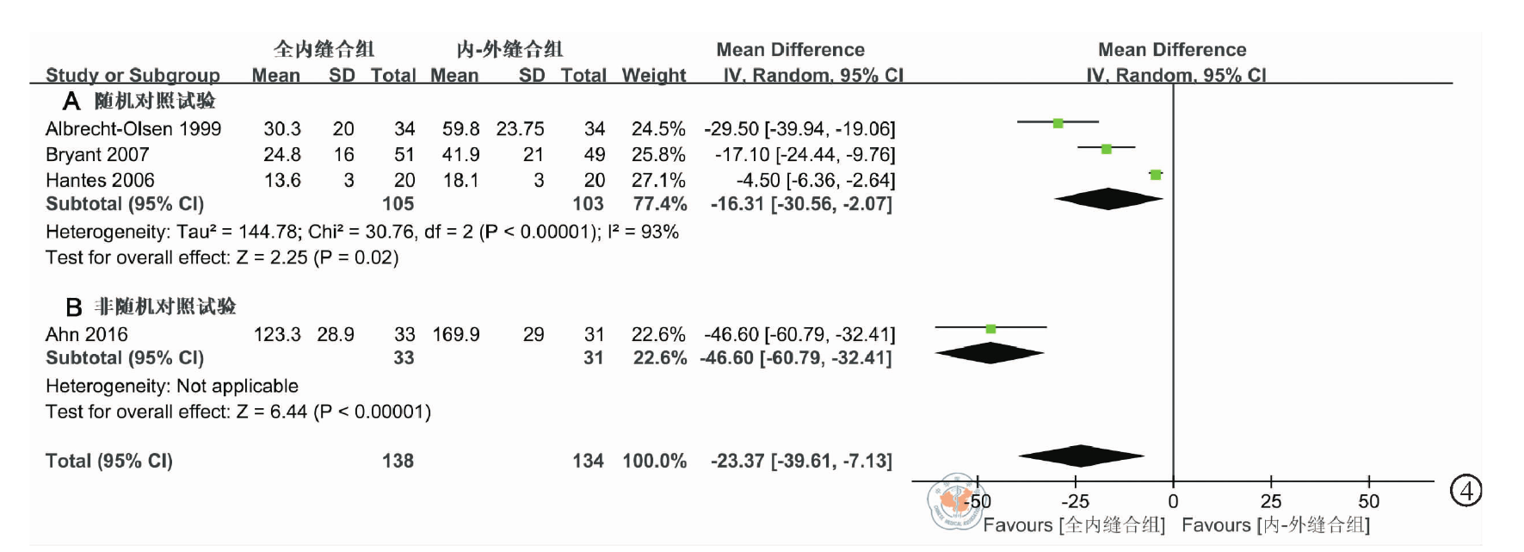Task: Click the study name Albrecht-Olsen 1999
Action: point(133,129)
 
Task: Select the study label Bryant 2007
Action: point(97,155)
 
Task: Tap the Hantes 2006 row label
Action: point(100,181)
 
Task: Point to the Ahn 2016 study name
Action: point(86,335)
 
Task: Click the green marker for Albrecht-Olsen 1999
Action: point(1058,123)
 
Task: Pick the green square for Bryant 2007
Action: point(1107,149)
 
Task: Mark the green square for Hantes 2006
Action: point(1156,175)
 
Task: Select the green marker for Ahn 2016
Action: point(990,329)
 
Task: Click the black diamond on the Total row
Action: point(1081,456)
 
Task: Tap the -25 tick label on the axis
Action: point(1075,502)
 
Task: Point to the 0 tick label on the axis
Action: point(1173,502)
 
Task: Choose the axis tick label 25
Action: point(1271,502)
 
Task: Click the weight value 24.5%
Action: point(658,129)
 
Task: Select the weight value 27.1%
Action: point(658,181)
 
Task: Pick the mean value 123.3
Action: point(277,335)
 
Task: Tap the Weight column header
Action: point(654,76)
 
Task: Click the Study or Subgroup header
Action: point(133,76)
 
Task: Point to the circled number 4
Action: point(1466,492)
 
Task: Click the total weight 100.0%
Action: point(654,462)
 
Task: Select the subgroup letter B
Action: point(74,307)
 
